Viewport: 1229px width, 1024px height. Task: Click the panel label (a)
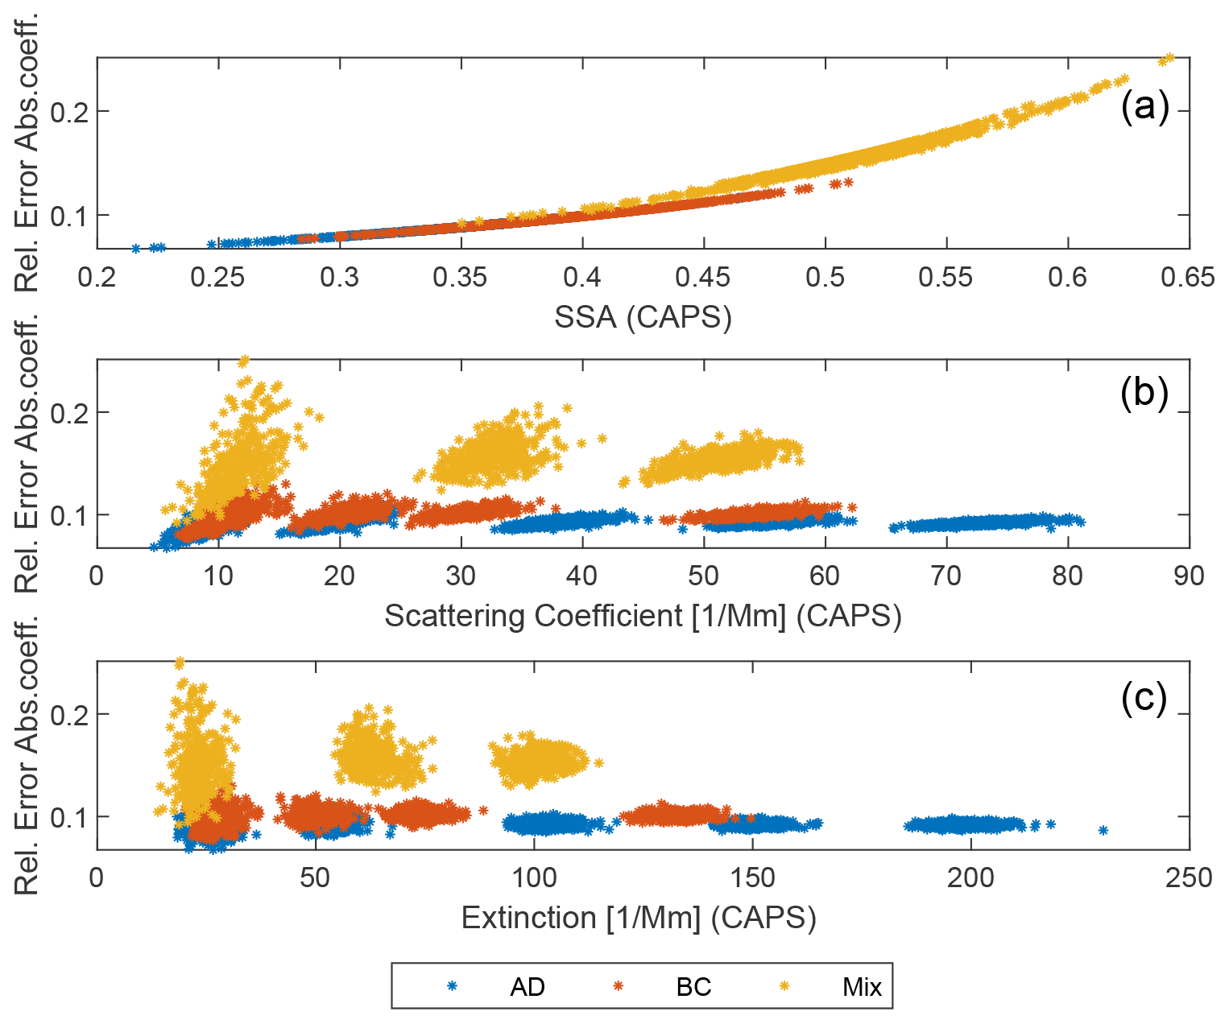pos(1144,108)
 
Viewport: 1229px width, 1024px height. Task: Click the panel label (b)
pos(1144,394)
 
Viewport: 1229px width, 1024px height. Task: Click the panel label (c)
pos(1144,697)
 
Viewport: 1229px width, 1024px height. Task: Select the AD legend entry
pos(528,987)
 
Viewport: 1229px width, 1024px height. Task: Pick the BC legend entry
pos(693,987)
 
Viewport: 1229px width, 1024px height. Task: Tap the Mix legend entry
pos(862,987)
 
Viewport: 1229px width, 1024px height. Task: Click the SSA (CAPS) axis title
pos(643,318)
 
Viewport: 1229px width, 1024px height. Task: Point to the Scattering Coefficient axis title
pos(643,617)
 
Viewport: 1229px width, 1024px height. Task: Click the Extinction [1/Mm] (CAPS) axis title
pos(639,918)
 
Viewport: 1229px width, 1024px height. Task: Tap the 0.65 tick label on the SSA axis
pos(1188,278)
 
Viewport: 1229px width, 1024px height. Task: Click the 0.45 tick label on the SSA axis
pos(703,278)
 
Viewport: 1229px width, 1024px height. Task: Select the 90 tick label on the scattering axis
pos(1189,576)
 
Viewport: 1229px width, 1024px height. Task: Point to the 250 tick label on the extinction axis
pos(1189,877)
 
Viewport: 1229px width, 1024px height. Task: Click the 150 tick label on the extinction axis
pos(752,877)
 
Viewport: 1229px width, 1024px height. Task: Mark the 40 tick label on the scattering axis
pos(581,576)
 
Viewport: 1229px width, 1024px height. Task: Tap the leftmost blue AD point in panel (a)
pos(136,248)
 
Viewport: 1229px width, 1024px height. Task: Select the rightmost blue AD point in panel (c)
pos(1103,830)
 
